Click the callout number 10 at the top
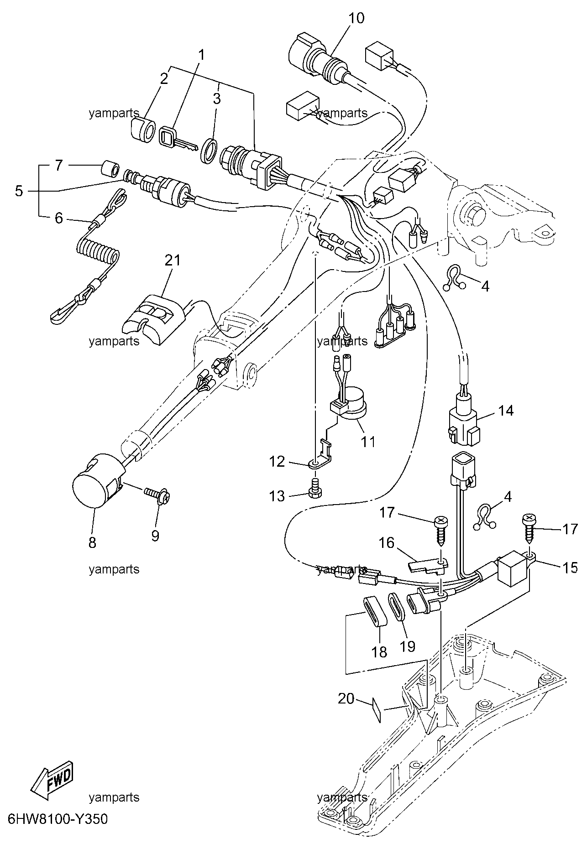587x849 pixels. point(357,18)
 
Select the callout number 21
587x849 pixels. point(173,260)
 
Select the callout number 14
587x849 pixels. point(505,411)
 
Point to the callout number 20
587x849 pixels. point(346,698)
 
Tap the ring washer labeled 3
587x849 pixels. point(210,151)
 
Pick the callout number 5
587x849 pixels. point(18,191)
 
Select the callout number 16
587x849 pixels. point(386,543)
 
